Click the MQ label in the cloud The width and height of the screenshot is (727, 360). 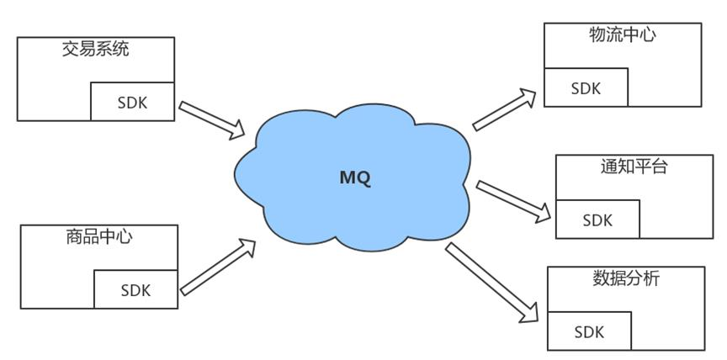355,178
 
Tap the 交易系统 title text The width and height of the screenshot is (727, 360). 96,49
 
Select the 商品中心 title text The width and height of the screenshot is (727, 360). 98,236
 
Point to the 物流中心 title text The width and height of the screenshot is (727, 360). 622,34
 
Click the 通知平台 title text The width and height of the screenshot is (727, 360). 634,167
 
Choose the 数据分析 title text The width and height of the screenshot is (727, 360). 626,278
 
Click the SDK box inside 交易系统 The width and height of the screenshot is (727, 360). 132,102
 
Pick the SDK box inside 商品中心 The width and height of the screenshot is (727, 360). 135,289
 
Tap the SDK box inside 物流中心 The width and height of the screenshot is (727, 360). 586,87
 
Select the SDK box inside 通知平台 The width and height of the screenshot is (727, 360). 597,220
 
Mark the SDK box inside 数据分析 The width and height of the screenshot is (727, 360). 589,331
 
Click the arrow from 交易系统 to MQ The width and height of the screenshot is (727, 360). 212,120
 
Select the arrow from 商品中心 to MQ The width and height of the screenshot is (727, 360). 217,267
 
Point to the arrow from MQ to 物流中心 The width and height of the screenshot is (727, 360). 504,109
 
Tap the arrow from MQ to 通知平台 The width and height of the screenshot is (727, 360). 513,202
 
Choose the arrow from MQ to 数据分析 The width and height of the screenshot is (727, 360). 492,283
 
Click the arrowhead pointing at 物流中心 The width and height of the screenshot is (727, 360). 528,97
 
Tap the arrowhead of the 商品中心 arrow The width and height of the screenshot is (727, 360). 247,247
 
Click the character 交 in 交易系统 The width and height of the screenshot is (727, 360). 71,49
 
